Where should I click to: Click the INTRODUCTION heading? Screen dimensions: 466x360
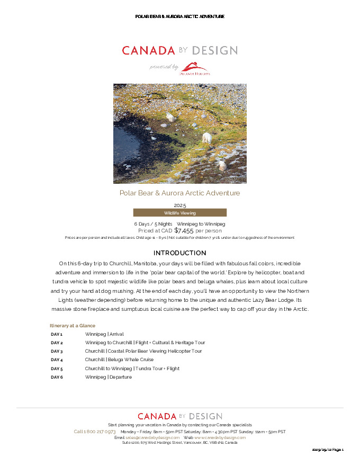pyautogui.click(x=179, y=253)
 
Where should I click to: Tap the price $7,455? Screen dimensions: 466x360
pyautogui.click(x=184, y=230)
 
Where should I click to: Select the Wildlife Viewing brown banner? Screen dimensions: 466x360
pyautogui.click(x=179, y=213)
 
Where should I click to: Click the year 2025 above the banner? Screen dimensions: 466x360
pyautogui.click(x=179, y=205)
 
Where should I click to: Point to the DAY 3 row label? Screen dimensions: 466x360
pyautogui.click(x=57, y=351)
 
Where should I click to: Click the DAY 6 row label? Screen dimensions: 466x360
pyautogui.click(x=57, y=377)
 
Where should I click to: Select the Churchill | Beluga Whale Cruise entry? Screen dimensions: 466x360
pyautogui.click(x=112, y=360)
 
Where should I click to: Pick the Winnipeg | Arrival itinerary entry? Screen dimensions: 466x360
pyautogui.click(x=104, y=334)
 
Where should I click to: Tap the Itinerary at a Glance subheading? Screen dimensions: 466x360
pyautogui.click(x=73, y=326)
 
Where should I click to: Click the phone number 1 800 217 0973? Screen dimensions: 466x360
pyautogui.click(x=95, y=432)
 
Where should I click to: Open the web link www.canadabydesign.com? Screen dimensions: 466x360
pyautogui.click(x=220, y=437)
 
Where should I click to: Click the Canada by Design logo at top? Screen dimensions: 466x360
pyautogui.click(x=179, y=51)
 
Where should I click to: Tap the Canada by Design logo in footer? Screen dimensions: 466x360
pyautogui.click(x=179, y=416)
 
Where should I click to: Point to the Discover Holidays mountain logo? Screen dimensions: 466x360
pyautogui.click(x=195, y=68)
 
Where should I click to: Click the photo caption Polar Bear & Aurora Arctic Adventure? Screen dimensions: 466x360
pyautogui.click(x=179, y=193)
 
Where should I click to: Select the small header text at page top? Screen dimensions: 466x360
pyautogui.click(x=179, y=16)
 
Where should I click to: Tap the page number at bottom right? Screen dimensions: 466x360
pyautogui.click(x=328, y=450)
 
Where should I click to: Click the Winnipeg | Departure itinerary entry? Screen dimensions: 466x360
pyautogui.click(x=109, y=377)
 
